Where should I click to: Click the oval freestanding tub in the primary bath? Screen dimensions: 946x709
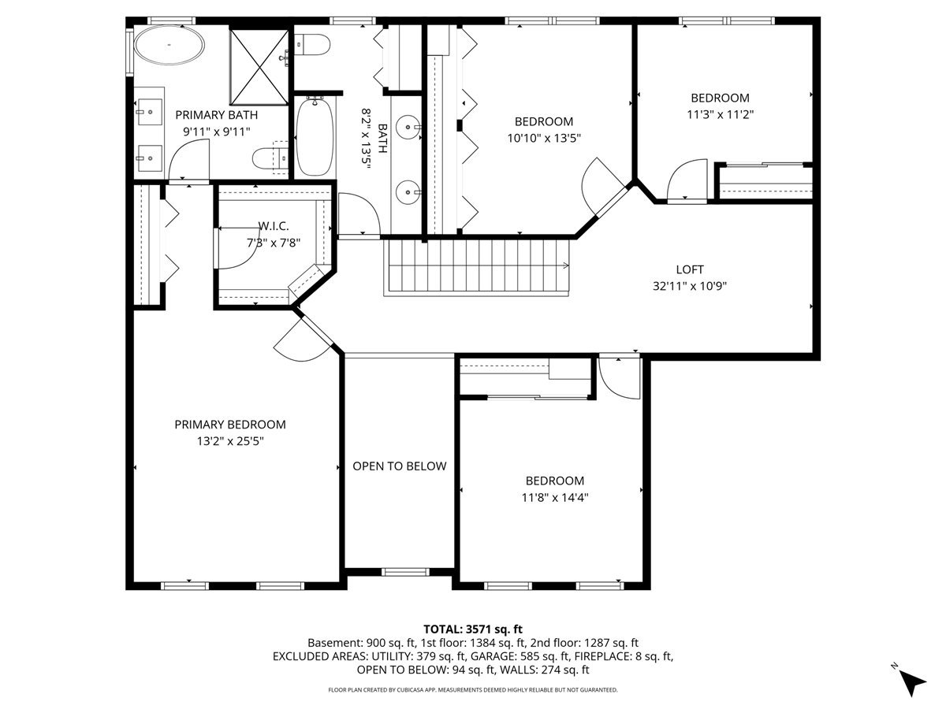(169, 45)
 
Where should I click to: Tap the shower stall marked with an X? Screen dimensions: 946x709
(259, 67)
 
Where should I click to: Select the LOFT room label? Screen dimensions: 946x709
(690, 269)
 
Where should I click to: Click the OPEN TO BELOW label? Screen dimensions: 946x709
(399, 466)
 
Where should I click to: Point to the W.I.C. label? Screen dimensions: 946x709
(274, 226)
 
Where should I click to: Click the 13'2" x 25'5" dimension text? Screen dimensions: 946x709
(230, 441)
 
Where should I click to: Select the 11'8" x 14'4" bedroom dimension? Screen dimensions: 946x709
(555, 498)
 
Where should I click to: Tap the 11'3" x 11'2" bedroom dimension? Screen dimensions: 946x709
(721, 114)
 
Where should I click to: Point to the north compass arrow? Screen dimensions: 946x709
(913, 684)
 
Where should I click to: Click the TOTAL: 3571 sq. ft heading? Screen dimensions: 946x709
(473, 629)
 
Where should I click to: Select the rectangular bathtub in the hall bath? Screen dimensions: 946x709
(315, 136)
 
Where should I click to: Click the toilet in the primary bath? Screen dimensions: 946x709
(270, 159)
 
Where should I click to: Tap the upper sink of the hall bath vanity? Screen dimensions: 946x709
(408, 127)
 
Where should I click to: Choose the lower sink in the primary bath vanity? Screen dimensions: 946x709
(150, 158)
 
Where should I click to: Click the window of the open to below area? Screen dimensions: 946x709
(405, 572)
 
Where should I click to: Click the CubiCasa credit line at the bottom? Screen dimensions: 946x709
(473, 690)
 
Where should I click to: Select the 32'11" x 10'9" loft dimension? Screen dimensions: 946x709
(690, 286)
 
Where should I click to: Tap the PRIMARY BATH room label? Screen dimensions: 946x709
(216, 115)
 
